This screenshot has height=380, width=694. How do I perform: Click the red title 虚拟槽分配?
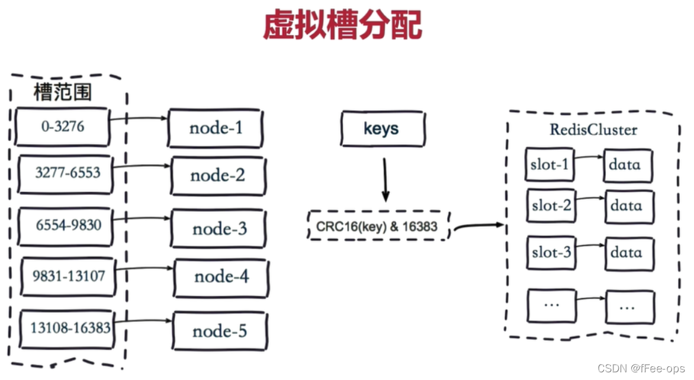click(342, 25)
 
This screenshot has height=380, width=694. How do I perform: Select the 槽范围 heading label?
click(63, 92)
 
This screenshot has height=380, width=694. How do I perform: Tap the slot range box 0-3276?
click(63, 126)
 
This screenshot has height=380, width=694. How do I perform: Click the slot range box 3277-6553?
click(65, 173)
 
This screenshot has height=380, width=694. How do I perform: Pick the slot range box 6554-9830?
click(66, 226)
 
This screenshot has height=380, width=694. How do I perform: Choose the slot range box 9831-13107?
click(68, 275)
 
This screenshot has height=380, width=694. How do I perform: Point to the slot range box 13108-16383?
click(66, 327)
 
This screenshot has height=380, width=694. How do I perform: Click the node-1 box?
click(216, 128)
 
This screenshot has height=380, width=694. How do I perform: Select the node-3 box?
click(219, 228)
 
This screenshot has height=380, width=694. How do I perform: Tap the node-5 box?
click(220, 331)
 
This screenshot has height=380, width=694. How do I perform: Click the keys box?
click(382, 129)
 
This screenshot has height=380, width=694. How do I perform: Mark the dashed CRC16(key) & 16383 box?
click(378, 226)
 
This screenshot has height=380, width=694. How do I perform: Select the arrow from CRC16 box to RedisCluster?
click(477, 226)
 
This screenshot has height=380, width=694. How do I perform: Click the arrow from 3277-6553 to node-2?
click(142, 168)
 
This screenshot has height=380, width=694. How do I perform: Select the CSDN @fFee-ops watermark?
click(641, 368)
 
